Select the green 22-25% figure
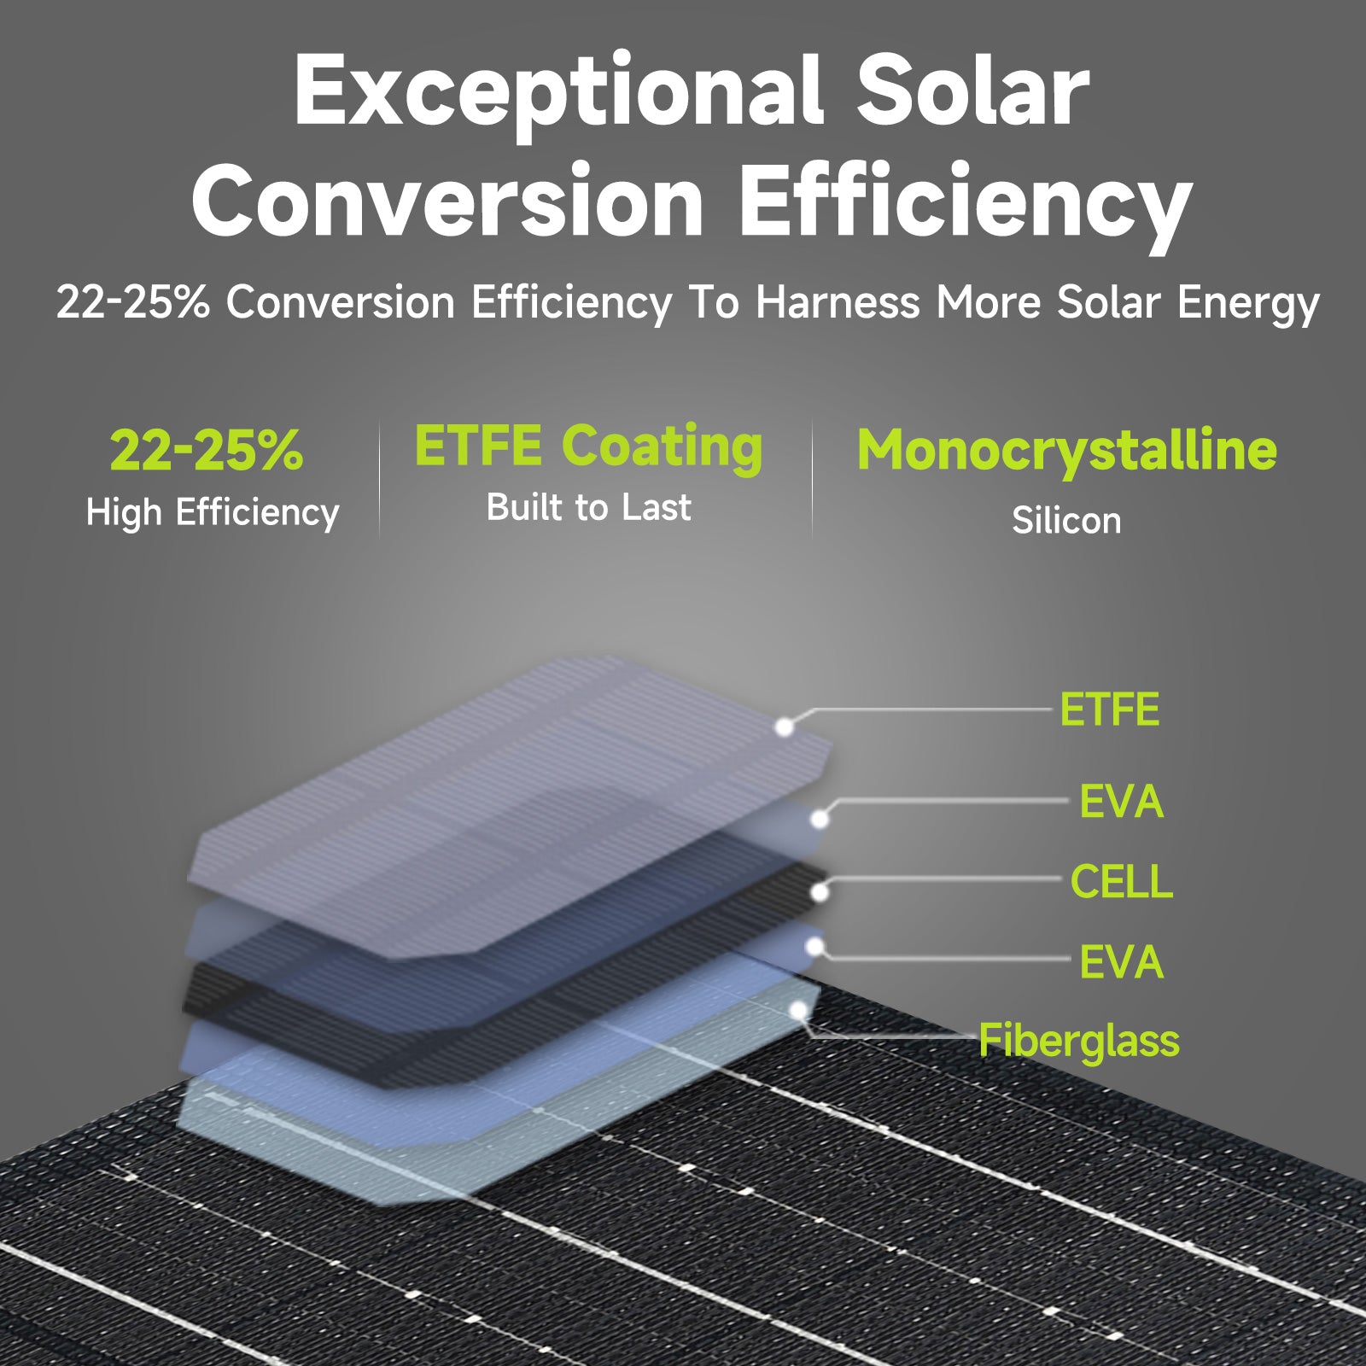pyautogui.click(x=207, y=450)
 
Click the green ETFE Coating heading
pyautogui.click(x=588, y=447)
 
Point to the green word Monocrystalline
pyautogui.click(x=1067, y=451)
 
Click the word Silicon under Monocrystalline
pyautogui.click(x=1066, y=520)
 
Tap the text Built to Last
pyautogui.click(x=588, y=507)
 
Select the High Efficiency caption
pyautogui.click(x=213, y=513)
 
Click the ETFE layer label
pyautogui.click(x=1109, y=709)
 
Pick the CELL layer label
pyautogui.click(x=1121, y=882)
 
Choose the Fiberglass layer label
pyautogui.click(x=1079, y=1042)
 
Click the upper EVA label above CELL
pyautogui.click(x=1121, y=802)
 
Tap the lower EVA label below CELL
pyautogui.click(x=1121, y=962)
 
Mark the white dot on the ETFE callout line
pyautogui.click(x=784, y=727)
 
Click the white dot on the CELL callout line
pyautogui.click(x=819, y=893)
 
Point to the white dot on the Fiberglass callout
pyautogui.click(x=798, y=1011)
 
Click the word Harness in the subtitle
pyautogui.click(x=838, y=303)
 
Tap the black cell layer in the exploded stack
pyautogui.click(x=504, y=973)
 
